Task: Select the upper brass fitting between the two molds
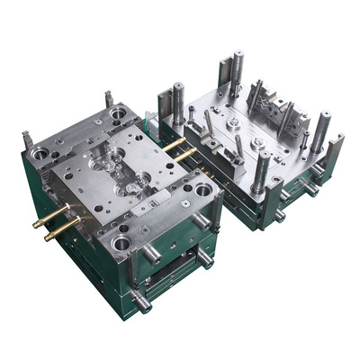click(175, 143)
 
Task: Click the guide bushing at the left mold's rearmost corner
click(119, 113)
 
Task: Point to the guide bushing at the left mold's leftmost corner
click(40, 154)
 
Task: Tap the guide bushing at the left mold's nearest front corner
click(121, 242)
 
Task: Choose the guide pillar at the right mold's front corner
click(260, 171)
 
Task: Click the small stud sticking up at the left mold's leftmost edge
click(26, 139)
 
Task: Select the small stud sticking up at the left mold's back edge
click(109, 98)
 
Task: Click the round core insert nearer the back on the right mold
click(232, 121)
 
